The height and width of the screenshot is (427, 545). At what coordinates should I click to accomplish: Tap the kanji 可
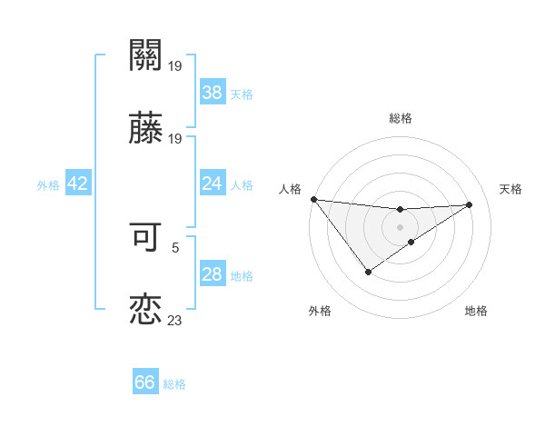(145, 236)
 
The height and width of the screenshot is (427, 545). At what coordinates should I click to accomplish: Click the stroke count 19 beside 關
(175, 65)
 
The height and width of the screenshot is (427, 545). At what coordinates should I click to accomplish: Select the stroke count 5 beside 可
(175, 246)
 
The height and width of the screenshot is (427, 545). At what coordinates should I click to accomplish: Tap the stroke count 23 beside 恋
(175, 321)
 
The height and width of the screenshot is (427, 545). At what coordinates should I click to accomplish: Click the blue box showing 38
(212, 92)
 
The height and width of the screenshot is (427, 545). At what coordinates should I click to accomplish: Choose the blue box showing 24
(212, 184)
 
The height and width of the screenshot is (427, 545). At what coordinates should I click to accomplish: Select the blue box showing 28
(212, 274)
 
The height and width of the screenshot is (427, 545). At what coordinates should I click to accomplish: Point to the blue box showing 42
(77, 184)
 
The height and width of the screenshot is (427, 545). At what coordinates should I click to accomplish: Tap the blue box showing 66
(145, 382)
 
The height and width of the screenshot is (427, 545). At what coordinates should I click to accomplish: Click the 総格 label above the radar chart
(401, 118)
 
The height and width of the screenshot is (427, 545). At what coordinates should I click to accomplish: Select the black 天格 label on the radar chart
(511, 189)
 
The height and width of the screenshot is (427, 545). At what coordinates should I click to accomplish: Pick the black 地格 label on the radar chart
(476, 311)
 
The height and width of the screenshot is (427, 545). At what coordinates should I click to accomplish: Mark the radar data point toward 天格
(470, 204)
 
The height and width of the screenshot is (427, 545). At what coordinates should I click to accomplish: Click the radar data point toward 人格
(313, 199)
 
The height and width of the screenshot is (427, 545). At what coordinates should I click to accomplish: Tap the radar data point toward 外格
(368, 272)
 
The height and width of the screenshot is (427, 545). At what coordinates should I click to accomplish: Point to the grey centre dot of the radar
(400, 226)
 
